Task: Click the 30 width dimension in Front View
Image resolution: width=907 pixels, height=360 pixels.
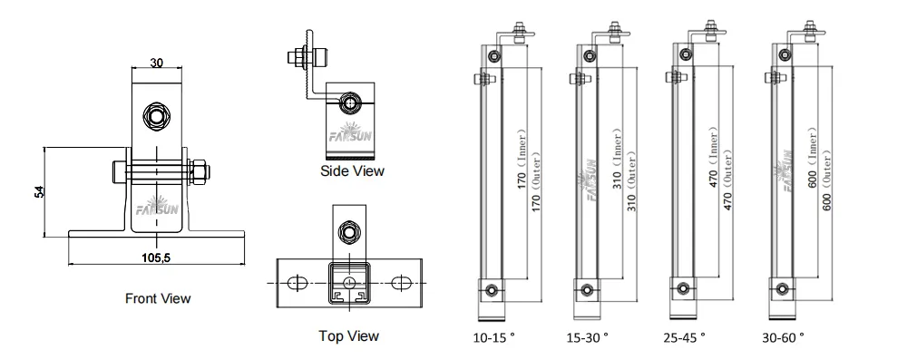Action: pyautogui.click(x=157, y=63)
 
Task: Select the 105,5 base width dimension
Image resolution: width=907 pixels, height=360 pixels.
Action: pyautogui.click(x=156, y=258)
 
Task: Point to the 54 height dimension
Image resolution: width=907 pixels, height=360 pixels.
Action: pyautogui.click(x=39, y=192)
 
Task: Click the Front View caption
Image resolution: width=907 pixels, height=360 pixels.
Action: pyautogui.click(x=158, y=298)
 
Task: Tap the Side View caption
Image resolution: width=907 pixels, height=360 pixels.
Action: pyautogui.click(x=352, y=170)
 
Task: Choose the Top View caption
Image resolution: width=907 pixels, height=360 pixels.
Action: pyautogui.click(x=349, y=336)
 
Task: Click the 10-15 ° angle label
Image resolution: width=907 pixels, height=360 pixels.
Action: pyautogui.click(x=494, y=337)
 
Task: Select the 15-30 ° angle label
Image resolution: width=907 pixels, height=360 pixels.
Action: pyautogui.click(x=588, y=337)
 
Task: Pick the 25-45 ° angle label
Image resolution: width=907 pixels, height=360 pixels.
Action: pyautogui.click(x=685, y=337)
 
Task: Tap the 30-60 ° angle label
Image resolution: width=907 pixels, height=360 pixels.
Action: pyautogui.click(x=784, y=337)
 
